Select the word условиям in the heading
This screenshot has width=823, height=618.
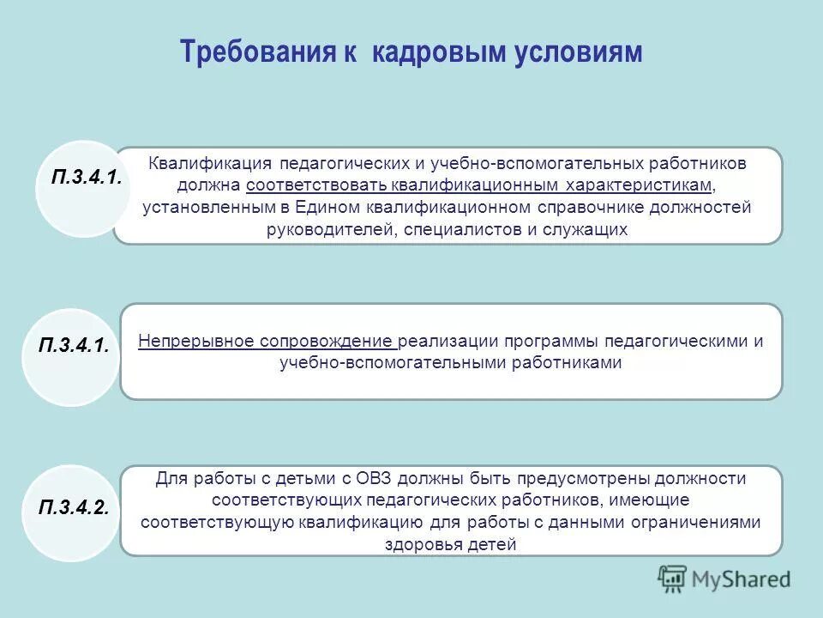pos(578,53)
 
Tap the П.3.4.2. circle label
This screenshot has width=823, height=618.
pos(74,506)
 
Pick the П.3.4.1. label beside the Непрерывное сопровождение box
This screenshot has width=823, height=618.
pos(74,346)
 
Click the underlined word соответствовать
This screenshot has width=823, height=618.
pos(317,185)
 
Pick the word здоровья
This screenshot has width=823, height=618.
pos(425,543)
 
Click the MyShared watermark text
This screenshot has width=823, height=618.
pos(742,579)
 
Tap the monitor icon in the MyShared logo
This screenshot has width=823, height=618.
pos(674,579)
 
